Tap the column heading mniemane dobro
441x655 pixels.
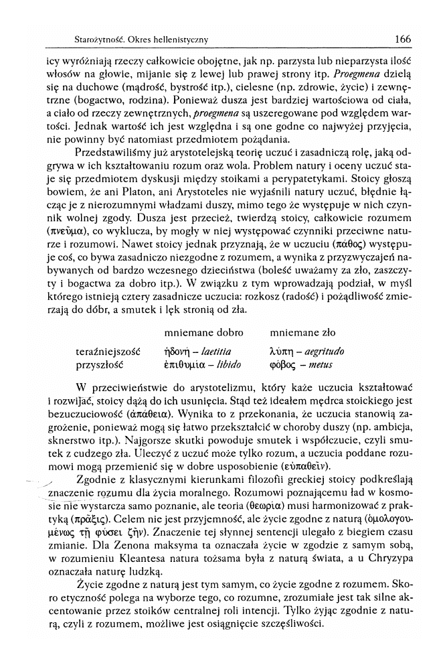(203, 333)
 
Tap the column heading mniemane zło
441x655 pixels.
(302, 333)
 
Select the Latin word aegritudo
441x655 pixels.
(319, 351)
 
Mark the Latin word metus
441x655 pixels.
(321, 365)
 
